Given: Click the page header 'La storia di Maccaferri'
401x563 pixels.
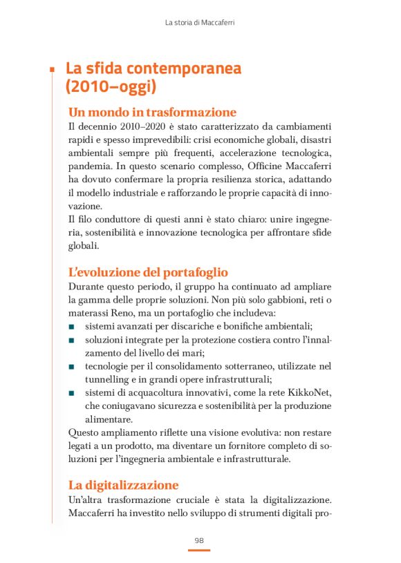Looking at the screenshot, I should [200, 23].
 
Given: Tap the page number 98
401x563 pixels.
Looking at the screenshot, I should [199, 540].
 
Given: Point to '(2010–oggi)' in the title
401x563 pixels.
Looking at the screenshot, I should [111, 87].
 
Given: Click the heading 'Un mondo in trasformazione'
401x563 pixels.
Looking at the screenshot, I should [152, 113].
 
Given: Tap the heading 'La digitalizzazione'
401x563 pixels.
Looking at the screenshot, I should [123, 484].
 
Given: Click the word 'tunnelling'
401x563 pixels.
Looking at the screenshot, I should [109, 379].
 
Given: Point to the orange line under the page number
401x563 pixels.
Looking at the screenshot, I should [199, 551].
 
